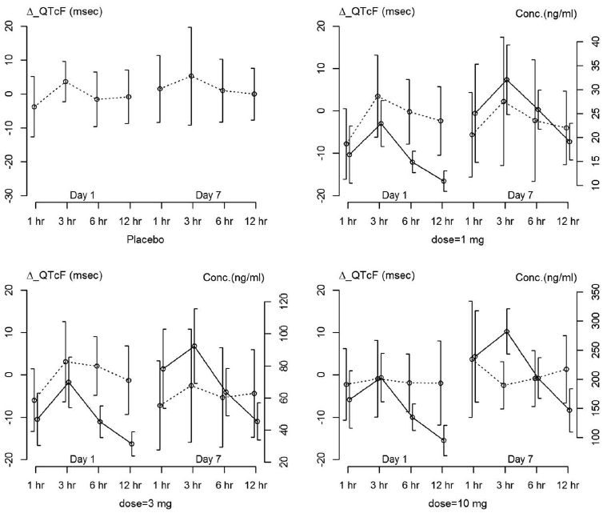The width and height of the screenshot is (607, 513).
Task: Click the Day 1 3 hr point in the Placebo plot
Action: (x=66, y=82)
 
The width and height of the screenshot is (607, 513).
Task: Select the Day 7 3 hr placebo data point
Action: (x=191, y=76)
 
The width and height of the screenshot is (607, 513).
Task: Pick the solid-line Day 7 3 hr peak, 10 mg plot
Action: (x=507, y=331)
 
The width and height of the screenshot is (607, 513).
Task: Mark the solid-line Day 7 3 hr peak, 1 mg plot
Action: (x=507, y=80)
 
